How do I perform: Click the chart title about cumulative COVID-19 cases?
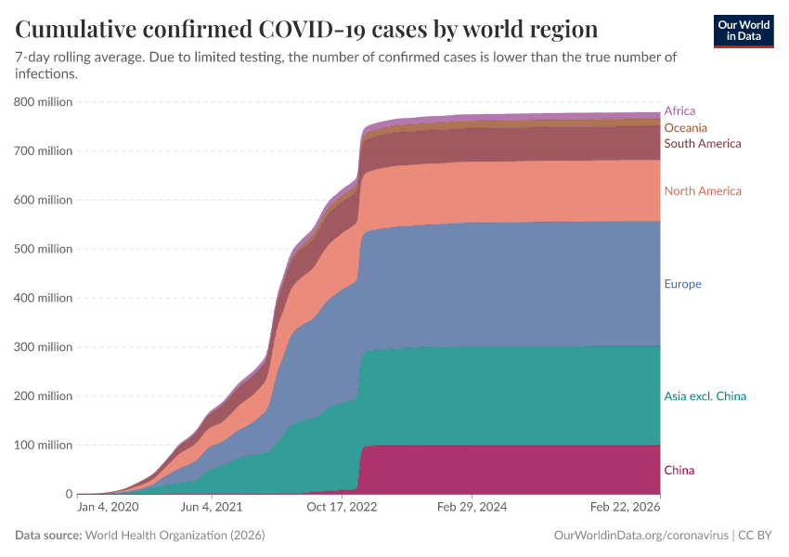click(306, 28)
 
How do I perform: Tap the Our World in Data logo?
click(744, 31)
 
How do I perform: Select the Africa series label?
click(679, 110)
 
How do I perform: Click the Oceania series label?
click(685, 127)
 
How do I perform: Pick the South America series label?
click(702, 144)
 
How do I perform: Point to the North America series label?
click(702, 191)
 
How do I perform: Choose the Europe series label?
click(682, 284)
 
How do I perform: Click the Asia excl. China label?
click(705, 396)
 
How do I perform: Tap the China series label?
click(679, 471)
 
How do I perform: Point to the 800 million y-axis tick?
click(44, 102)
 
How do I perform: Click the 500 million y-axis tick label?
click(44, 249)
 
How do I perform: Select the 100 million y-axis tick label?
click(44, 446)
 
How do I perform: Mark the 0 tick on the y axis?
click(68, 494)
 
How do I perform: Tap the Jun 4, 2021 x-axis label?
click(213, 508)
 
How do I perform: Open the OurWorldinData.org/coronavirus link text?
click(638, 536)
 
